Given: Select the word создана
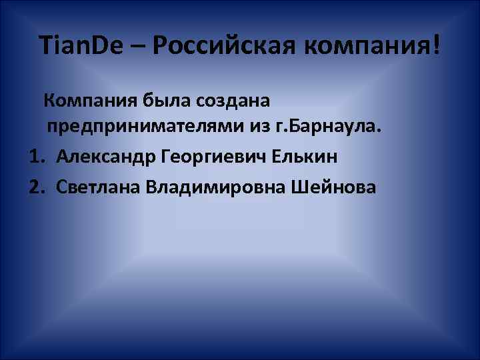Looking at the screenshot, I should tap(233, 101).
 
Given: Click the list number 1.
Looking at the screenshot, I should tap(37, 157).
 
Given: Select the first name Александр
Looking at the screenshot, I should tap(107, 157).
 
